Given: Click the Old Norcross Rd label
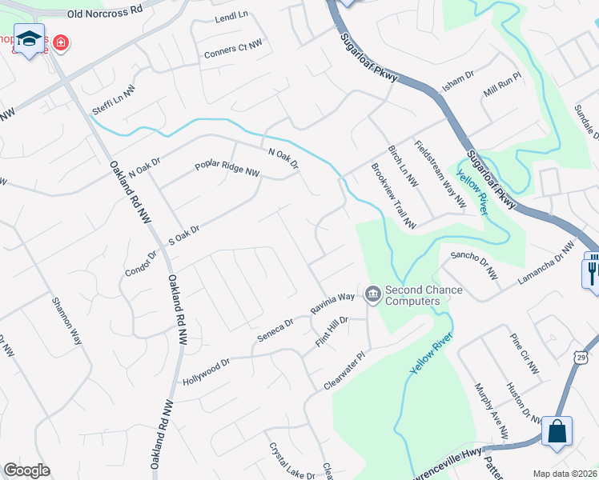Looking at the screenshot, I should click(x=105, y=14).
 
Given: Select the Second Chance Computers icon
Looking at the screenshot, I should click(x=372, y=295).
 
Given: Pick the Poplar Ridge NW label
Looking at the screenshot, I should click(x=227, y=171).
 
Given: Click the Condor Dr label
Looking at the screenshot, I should click(x=140, y=262).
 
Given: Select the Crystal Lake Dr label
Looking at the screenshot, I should click(x=291, y=462).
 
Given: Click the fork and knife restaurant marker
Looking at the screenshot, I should click(x=591, y=270).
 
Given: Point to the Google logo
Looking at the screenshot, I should click(x=26, y=470).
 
